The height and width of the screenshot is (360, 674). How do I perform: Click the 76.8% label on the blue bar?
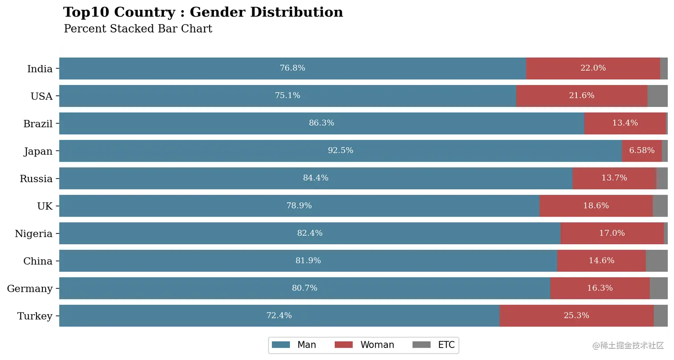tap(292, 68)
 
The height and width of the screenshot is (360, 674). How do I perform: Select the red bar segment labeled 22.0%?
tap(593, 68)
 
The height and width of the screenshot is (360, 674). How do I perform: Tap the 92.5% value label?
tap(341, 151)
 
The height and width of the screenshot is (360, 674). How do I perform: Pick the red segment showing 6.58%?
tap(641, 151)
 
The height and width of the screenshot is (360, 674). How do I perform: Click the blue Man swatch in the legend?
tap(281, 345)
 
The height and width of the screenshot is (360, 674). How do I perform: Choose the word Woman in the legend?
tap(377, 345)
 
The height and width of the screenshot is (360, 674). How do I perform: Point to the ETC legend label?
tap(446, 345)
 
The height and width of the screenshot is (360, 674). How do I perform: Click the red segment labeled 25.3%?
tap(576, 315)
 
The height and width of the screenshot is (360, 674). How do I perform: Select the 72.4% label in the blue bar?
tap(279, 315)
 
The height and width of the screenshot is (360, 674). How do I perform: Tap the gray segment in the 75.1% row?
tap(658, 96)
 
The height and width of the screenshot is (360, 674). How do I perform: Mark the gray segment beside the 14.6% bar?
tap(658, 261)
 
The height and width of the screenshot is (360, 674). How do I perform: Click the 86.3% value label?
tap(321, 123)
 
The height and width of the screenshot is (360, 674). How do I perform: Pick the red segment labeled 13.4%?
tap(625, 123)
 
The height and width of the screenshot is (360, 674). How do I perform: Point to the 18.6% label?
tap(596, 206)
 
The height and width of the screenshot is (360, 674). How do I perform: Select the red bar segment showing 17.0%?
tap(612, 233)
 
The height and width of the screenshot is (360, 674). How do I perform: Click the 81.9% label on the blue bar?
tap(308, 261)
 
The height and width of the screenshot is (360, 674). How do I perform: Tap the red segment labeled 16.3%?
tap(600, 288)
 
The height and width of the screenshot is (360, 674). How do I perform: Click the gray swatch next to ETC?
tap(422, 345)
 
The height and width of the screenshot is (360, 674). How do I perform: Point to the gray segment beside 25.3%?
tap(662, 315)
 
